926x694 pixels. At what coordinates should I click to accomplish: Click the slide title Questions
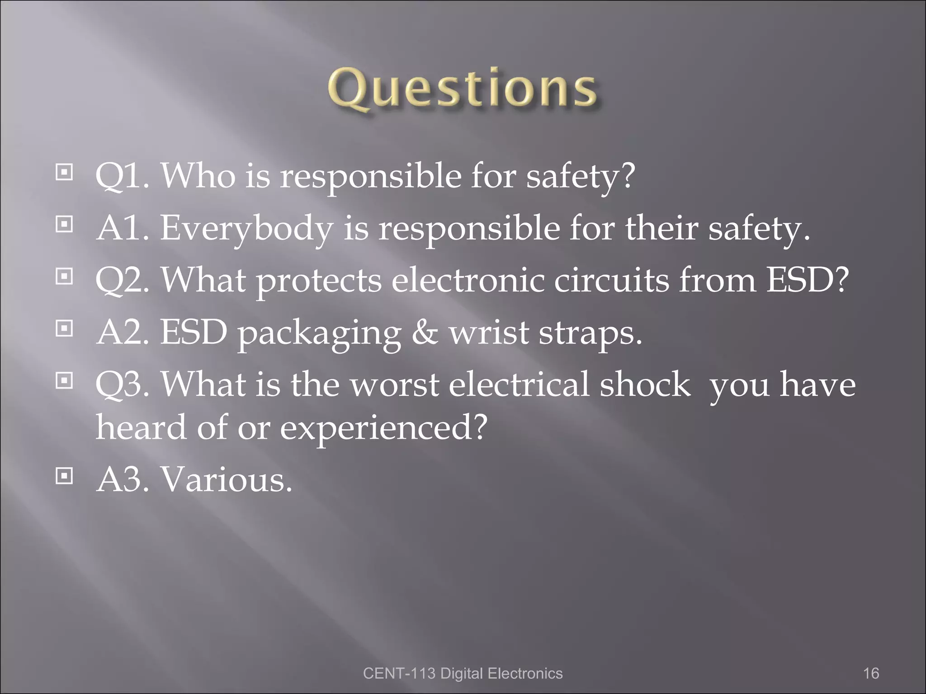(462, 90)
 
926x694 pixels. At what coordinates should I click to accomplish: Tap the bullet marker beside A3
(64, 476)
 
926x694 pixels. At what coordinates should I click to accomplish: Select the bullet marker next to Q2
(64, 276)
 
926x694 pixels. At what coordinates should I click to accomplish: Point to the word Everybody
(247, 228)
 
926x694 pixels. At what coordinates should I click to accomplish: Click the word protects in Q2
(319, 281)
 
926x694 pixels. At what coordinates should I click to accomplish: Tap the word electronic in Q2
(468, 280)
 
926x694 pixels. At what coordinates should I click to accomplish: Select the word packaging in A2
(319, 333)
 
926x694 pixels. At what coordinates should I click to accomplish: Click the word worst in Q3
(395, 385)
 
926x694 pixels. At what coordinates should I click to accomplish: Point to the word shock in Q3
(645, 385)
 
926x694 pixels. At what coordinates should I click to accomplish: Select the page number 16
(871, 673)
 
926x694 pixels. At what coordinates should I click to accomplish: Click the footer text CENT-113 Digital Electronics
(463, 673)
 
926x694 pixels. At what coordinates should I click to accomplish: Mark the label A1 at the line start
(122, 228)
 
